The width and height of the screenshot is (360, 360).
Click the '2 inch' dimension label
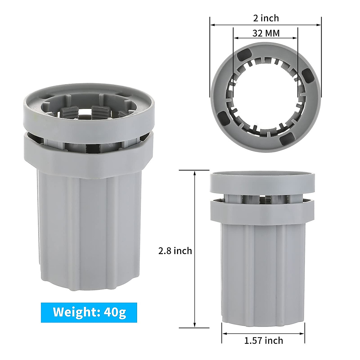tap(266, 18)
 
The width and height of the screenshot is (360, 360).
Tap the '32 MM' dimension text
tap(266, 33)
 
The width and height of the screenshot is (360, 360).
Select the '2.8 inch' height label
tap(175, 250)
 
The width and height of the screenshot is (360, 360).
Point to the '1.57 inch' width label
tap(263, 340)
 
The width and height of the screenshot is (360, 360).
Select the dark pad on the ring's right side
tap(308, 76)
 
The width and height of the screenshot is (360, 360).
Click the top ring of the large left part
tap(89, 118)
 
